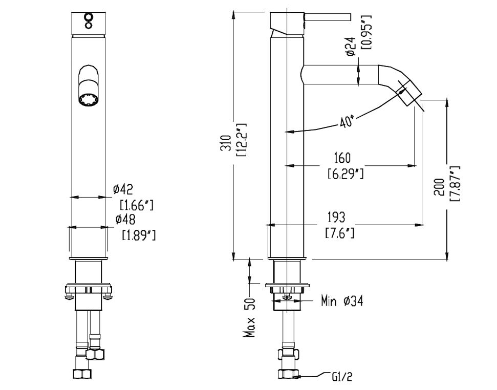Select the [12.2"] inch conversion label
241,139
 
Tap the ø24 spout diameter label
351,46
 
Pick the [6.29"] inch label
345,174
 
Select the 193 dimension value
336,217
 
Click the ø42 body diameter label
123,190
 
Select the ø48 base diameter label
125,220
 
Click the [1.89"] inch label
139,235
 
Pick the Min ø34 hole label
342,301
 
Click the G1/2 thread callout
342,377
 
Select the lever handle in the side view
328,17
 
